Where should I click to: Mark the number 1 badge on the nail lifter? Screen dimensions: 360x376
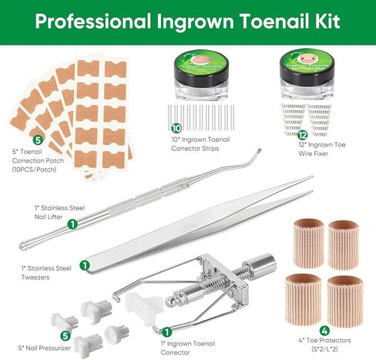pyautogui.click(x=72, y=224)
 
